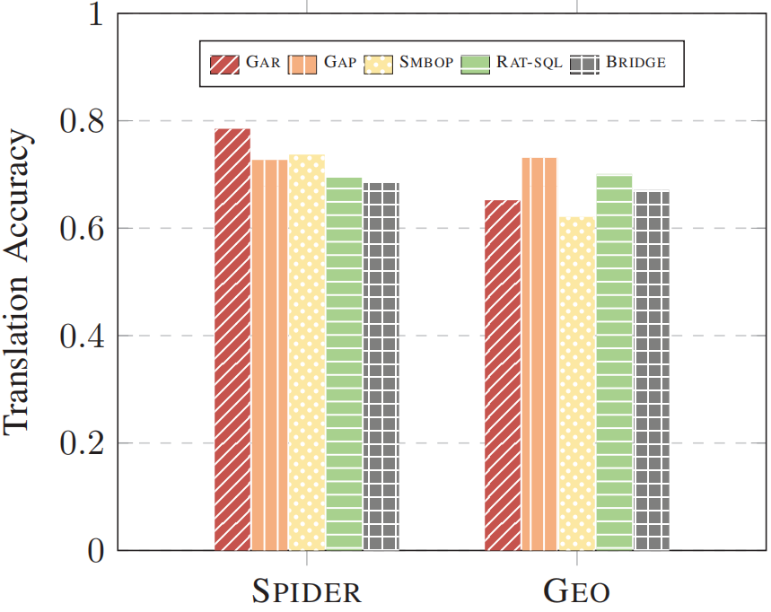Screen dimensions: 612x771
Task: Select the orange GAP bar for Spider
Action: tap(269, 354)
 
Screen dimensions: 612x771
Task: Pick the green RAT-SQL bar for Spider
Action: tap(344, 363)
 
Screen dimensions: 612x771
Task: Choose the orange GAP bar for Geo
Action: tap(539, 354)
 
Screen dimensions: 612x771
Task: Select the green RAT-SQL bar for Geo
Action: tap(614, 363)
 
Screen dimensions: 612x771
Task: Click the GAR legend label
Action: tap(263, 63)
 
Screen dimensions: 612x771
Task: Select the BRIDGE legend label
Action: tap(635, 63)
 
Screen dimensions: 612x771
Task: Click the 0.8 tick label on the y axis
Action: tap(78, 121)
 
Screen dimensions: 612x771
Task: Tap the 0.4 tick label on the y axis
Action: tap(78, 337)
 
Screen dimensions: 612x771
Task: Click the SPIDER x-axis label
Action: tap(306, 591)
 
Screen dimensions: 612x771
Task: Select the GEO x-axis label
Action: tap(577, 591)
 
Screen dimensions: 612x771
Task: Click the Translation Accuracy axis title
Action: tap(20, 282)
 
